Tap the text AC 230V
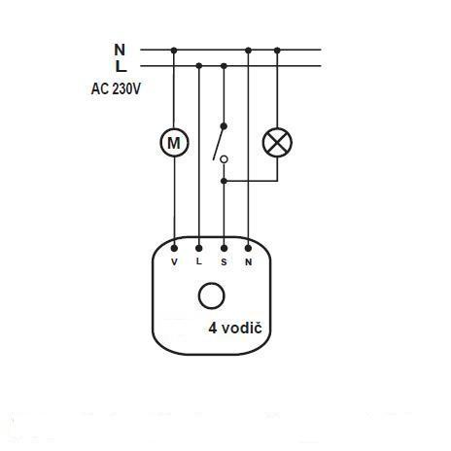coord(116,88)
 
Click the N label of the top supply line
coord(120,50)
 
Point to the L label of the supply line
coord(121,67)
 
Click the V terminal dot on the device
coord(174,249)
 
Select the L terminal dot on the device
coord(199,249)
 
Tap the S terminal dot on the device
coord(224,249)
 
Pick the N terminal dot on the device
coord(248,249)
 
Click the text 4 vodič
coord(235,329)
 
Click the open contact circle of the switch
coord(224,159)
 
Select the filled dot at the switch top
coord(224,126)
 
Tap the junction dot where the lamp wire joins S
coord(224,181)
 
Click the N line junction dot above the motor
coord(174,51)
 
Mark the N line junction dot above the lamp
coord(277,51)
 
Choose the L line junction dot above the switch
coord(224,66)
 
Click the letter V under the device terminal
coord(174,261)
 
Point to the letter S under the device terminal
coord(224,262)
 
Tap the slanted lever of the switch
coord(219,143)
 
